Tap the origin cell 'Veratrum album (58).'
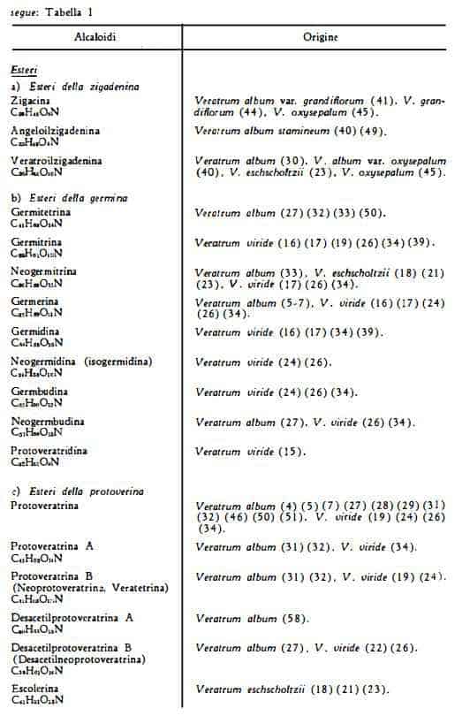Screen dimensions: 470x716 tap(252, 620)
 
